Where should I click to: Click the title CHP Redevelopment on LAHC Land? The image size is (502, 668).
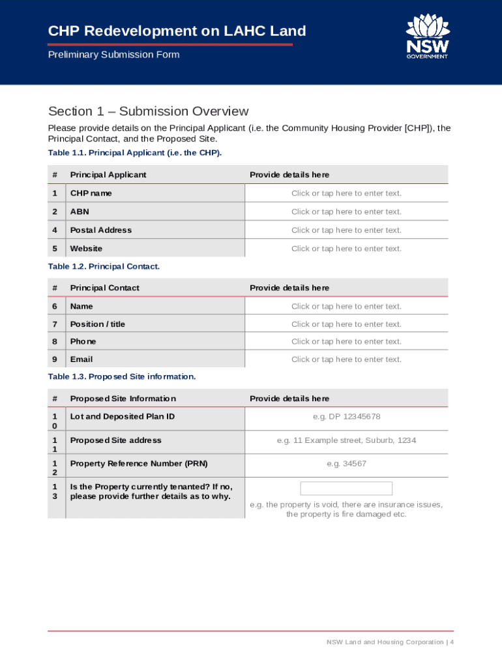pyautogui.click(x=177, y=31)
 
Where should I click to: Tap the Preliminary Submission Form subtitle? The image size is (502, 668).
pyautogui.click(x=113, y=55)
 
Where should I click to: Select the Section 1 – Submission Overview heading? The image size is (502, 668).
pyautogui.click(x=148, y=112)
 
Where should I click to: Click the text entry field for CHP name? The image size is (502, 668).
pyautogui.click(x=346, y=193)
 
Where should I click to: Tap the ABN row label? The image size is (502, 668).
pyautogui.click(x=80, y=211)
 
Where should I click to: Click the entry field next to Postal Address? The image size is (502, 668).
pyautogui.click(x=346, y=230)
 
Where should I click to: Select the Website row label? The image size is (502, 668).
pyautogui.click(x=86, y=249)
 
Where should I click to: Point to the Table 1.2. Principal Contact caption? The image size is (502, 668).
pyautogui.click(x=104, y=267)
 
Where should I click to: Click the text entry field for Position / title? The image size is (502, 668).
pyautogui.click(x=346, y=324)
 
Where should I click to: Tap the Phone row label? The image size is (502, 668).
pyautogui.click(x=83, y=341)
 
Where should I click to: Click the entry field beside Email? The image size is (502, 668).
pyautogui.click(x=346, y=359)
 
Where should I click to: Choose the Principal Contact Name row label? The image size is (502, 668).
pyautogui.click(x=81, y=306)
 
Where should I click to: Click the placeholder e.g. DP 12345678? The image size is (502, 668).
pyautogui.click(x=346, y=417)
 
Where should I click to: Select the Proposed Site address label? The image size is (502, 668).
pyautogui.click(x=115, y=440)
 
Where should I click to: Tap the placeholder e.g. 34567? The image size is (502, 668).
pyautogui.click(x=346, y=464)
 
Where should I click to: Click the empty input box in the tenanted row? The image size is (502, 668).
pyautogui.click(x=346, y=489)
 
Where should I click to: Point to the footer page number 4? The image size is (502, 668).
pyautogui.click(x=451, y=643)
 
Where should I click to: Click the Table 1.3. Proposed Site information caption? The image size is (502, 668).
pyautogui.click(x=122, y=376)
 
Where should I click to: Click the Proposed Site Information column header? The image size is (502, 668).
pyautogui.click(x=123, y=399)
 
